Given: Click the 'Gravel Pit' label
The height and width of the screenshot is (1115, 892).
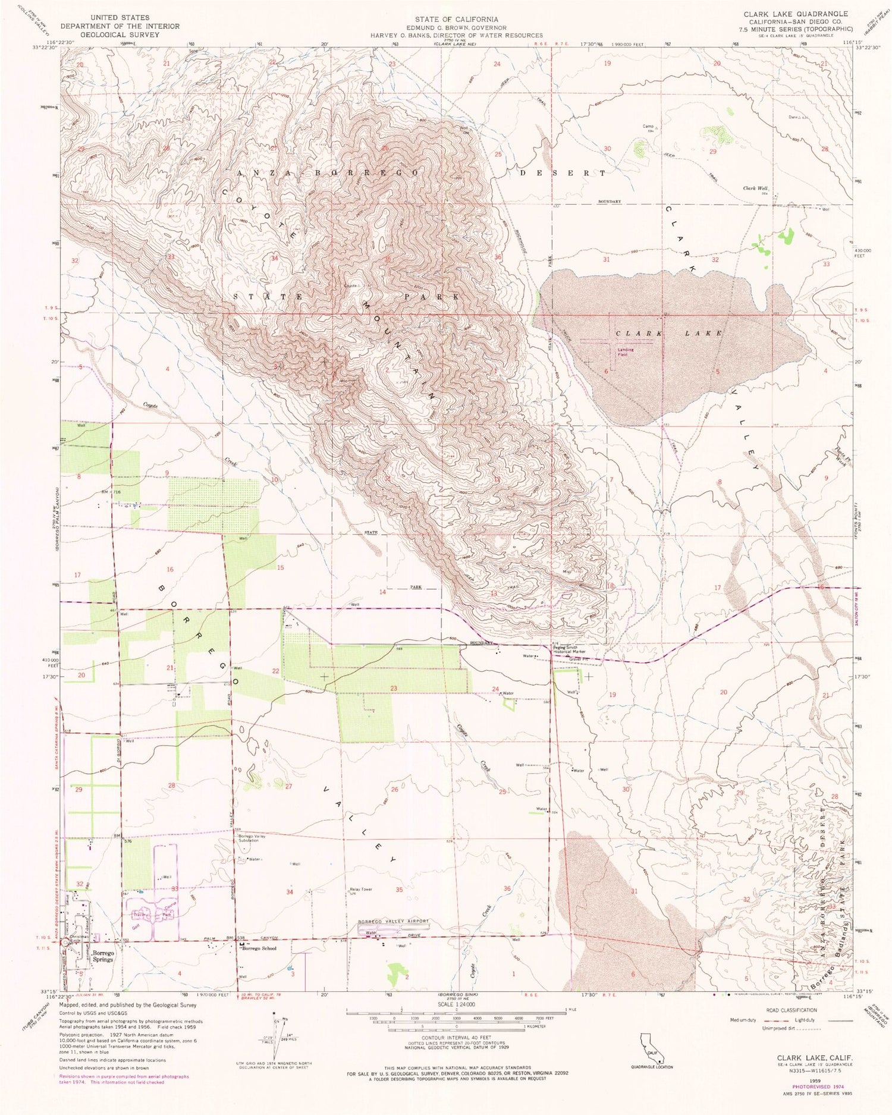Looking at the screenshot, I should pyautogui.click(x=577, y=659).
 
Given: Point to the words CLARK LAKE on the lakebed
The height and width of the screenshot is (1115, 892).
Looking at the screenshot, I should pyautogui.click(x=668, y=334).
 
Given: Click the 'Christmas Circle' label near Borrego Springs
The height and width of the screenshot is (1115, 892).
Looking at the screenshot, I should pyautogui.click(x=79, y=940).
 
